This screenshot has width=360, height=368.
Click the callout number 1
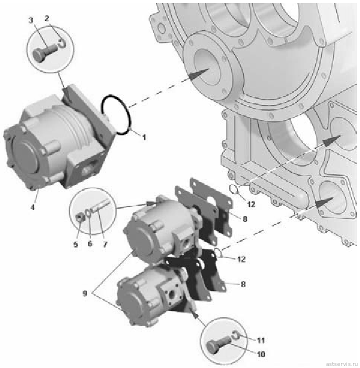point(144,137)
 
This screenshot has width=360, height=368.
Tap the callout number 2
point(47,18)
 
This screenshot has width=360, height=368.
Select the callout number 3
point(31,20)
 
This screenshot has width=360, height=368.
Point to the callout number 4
point(32,207)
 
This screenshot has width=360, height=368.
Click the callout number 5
point(75,244)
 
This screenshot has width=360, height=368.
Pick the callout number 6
point(90,244)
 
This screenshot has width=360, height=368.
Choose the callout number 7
point(105,244)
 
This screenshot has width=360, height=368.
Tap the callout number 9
point(85,293)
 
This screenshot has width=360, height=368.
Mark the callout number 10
point(261,354)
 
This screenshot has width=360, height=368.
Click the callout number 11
point(261,340)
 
